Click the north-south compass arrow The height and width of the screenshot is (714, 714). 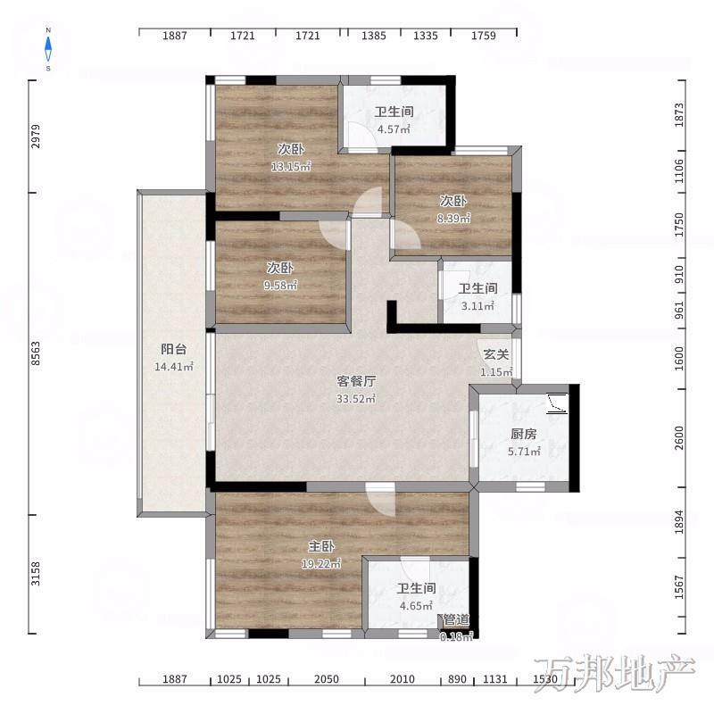point(48,49)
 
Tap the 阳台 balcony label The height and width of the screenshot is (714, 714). point(174,349)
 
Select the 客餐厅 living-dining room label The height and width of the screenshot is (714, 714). point(356,381)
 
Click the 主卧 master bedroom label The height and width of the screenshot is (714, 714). point(321,545)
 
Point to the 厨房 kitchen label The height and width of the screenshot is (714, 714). point(524,434)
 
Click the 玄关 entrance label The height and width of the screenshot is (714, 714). point(496,354)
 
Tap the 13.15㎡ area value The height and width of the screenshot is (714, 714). point(291,167)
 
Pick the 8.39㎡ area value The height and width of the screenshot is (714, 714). point(453,219)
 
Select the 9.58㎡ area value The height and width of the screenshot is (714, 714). point(280,286)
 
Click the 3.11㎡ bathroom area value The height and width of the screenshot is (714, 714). point(477,306)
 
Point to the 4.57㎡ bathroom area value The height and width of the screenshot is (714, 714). point(394,129)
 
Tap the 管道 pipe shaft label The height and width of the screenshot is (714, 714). point(456,619)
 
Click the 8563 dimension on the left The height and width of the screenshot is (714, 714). point(36,353)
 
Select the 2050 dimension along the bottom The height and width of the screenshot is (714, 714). point(327,679)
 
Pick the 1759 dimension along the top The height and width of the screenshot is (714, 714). point(484,36)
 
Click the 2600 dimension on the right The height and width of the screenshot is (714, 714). point(679,438)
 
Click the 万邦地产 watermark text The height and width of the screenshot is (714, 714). point(615,674)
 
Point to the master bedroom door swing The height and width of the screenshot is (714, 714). point(381,500)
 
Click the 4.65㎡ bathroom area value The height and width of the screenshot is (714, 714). point(416,606)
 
